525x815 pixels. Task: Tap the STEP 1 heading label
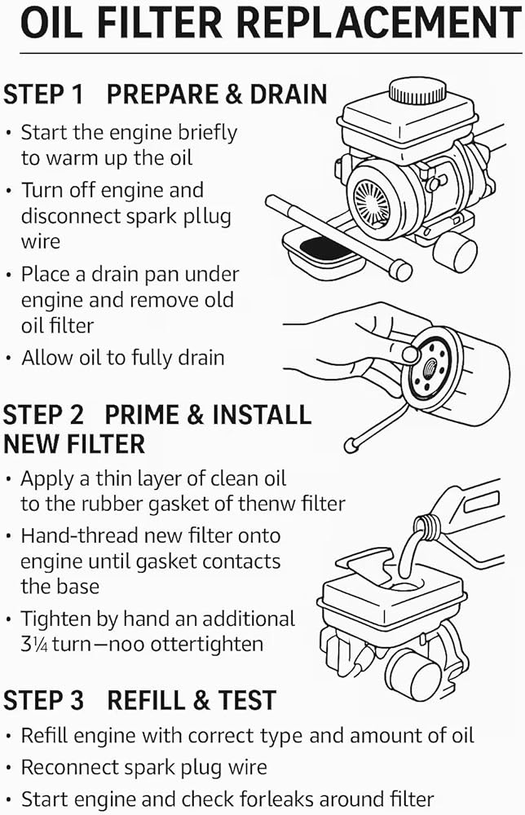43,94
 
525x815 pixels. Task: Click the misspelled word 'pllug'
206,217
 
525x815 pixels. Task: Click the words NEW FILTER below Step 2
74,444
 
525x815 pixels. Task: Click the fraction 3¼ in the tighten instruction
33,644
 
